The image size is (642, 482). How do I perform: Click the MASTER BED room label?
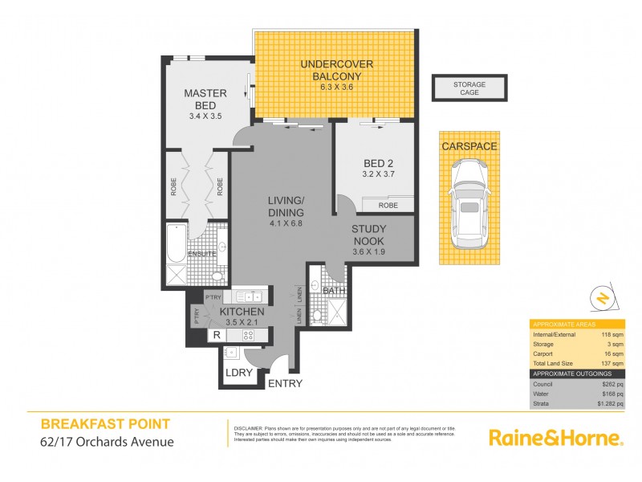point(205,93)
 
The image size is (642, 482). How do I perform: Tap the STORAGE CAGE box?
point(469,88)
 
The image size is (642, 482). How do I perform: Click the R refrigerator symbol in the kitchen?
point(216,336)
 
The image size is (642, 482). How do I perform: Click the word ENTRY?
point(285,383)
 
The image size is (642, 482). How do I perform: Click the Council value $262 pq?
point(614,383)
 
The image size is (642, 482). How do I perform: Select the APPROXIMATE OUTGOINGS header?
point(571,374)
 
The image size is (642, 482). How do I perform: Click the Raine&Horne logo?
point(555,438)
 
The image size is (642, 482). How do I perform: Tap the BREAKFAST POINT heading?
point(105,424)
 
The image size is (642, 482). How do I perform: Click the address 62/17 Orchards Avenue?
point(106,440)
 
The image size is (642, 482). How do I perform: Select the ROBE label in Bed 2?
point(388,206)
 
